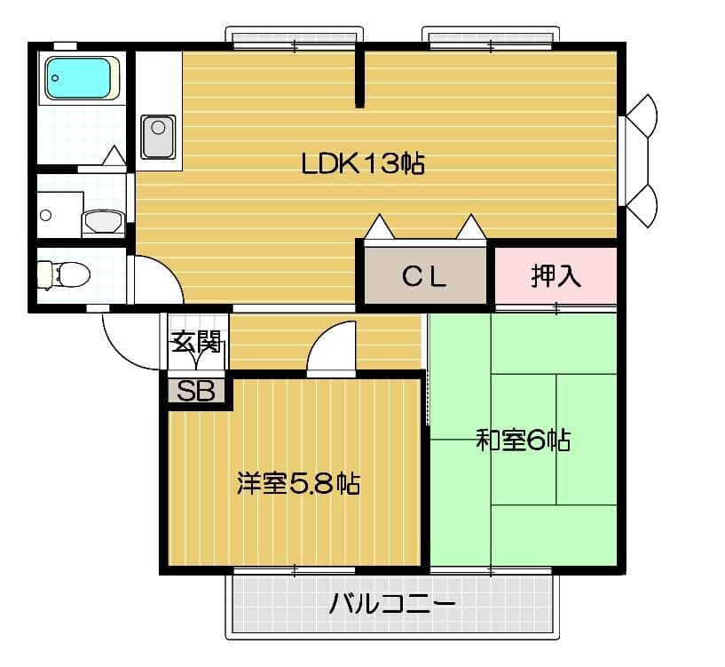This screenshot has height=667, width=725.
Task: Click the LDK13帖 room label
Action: [362, 163]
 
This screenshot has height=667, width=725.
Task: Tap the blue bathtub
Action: [82, 78]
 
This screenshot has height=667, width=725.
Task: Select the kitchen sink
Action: [158, 137]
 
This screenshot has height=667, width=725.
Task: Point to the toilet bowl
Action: [65, 274]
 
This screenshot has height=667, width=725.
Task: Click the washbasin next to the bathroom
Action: [104, 221]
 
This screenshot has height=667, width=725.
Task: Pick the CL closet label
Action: [423, 277]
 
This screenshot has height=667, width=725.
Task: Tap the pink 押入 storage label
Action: [556, 276]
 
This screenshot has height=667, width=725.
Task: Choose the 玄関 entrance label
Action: [195, 340]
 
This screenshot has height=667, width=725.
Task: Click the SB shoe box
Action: [196, 391]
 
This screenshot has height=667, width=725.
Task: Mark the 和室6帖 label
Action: [523, 440]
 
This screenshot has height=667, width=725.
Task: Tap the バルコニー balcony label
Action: [392, 606]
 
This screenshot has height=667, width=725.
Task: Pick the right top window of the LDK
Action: [490, 36]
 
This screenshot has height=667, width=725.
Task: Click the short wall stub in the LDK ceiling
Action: [359, 78]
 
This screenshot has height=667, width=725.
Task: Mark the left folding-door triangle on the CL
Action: [380, 228]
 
